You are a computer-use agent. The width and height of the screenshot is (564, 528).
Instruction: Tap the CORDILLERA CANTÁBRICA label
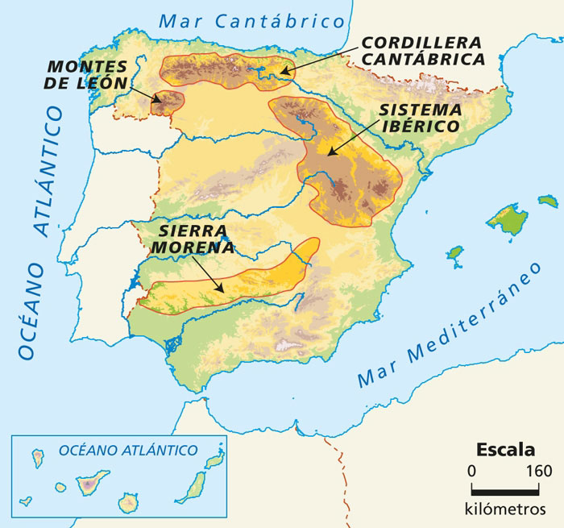[421, 50]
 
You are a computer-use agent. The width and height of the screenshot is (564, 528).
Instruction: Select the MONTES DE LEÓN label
[87, 73]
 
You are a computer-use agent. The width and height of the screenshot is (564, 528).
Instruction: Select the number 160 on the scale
[537, 471]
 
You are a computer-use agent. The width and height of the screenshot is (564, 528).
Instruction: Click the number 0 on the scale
[472, 471]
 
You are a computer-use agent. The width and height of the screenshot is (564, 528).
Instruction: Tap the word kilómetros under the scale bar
[505, 509]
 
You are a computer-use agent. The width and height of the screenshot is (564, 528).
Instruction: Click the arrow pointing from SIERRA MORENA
[209, 275]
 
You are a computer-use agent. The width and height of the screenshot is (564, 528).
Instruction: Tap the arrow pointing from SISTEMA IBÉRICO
[352, 135]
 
